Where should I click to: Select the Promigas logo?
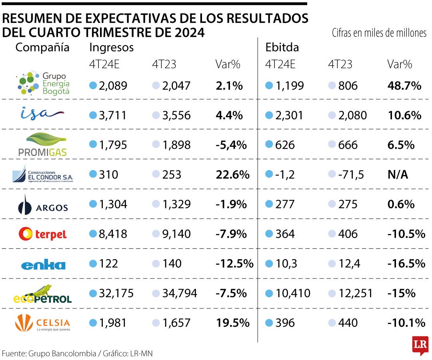42,144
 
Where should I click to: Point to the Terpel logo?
43,234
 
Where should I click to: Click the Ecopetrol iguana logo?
42,294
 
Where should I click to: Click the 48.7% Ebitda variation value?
404,85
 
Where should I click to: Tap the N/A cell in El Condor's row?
398,174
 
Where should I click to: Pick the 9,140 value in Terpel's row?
176,234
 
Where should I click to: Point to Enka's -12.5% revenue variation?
234,264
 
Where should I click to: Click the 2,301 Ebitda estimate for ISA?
289,116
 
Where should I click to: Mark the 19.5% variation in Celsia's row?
232,323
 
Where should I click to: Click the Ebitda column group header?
282,47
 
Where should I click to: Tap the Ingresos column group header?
111,47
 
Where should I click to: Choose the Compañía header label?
42,47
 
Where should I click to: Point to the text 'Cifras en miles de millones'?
379,33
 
